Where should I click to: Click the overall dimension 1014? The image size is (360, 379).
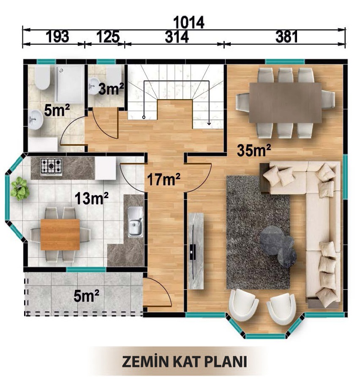pos(188,22)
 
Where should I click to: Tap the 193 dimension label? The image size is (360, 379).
pos(57,37)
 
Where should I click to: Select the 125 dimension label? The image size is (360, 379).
pos(108,37)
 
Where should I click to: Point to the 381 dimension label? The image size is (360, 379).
pos(286,37)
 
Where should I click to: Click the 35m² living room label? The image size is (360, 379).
pos(254,150)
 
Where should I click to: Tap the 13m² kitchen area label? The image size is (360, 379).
pos(91,198)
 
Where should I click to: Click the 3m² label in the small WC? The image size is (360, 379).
pos(112,89)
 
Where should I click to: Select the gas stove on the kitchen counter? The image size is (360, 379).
pos(51,166)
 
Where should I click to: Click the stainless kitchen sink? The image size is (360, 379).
pos(135,221)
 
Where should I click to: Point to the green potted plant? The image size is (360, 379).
pos(20,189)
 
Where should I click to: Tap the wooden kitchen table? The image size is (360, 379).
pos(60,234)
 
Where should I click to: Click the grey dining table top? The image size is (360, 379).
pos(286,103)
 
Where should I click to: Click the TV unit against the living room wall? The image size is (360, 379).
pos(196,251)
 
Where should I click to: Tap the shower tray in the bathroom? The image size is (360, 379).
pos(70,84)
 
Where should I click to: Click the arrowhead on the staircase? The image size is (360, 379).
pos(209,123)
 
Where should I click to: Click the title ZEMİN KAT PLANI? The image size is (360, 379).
pos(184,362)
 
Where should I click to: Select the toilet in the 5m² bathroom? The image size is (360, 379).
pos(43,77)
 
